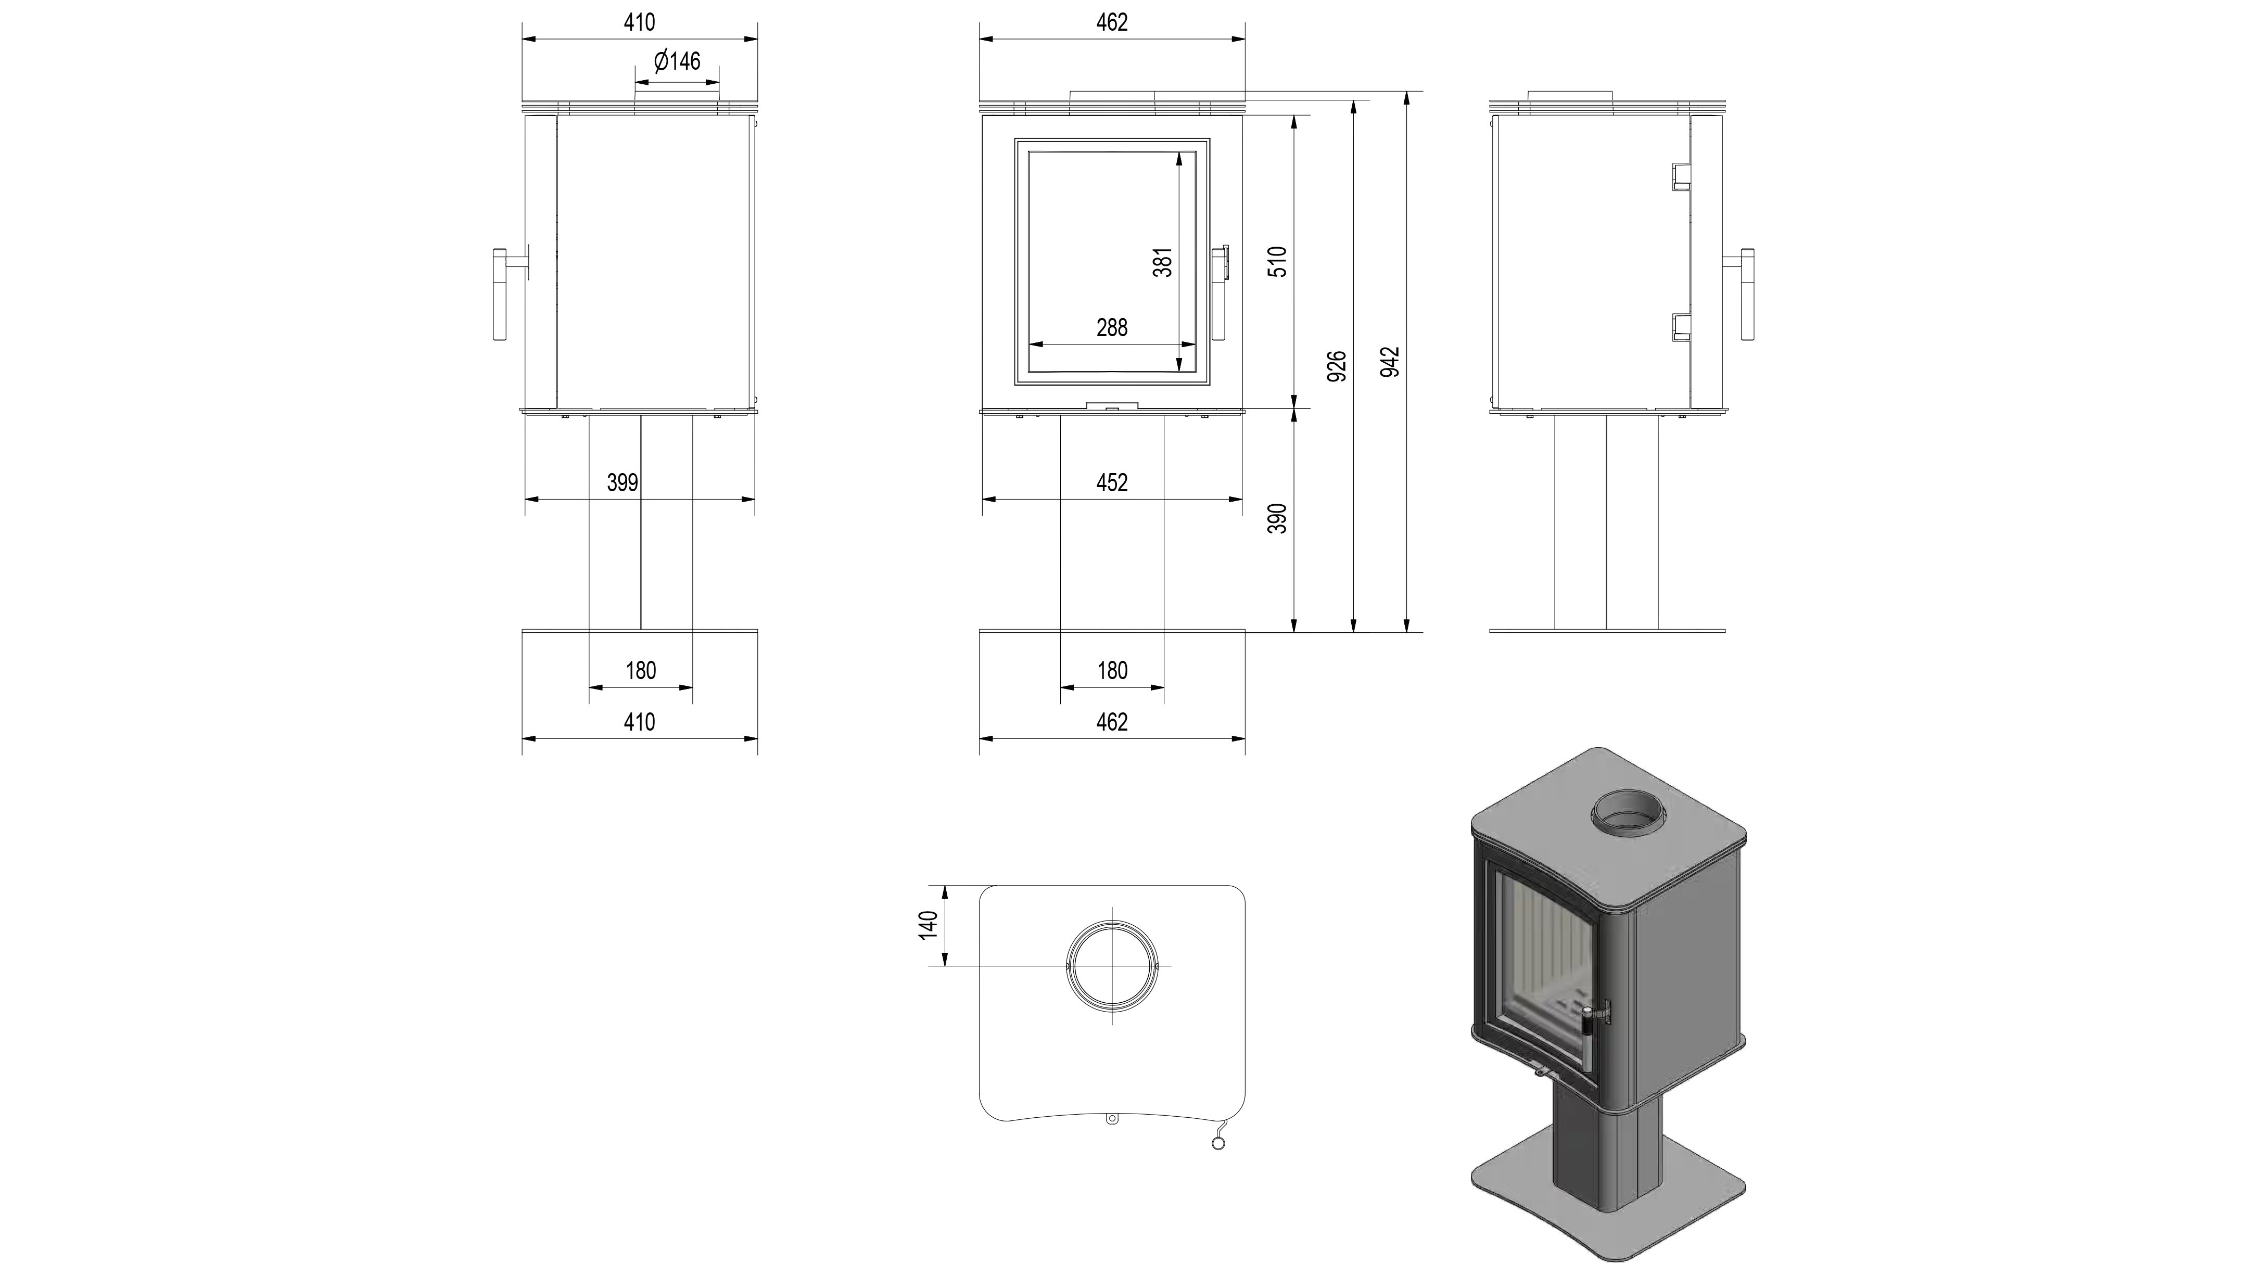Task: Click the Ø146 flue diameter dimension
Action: click(677, 61)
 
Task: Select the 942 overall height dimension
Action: click(1391, 361)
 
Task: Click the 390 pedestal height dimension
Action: click(1278, 518)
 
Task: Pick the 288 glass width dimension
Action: click(1112, 328)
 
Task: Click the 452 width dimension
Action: click(1112, 482)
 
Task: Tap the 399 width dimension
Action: click(622, 482)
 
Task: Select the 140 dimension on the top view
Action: click(929, 925)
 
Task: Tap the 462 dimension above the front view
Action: click(1112, 23)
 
